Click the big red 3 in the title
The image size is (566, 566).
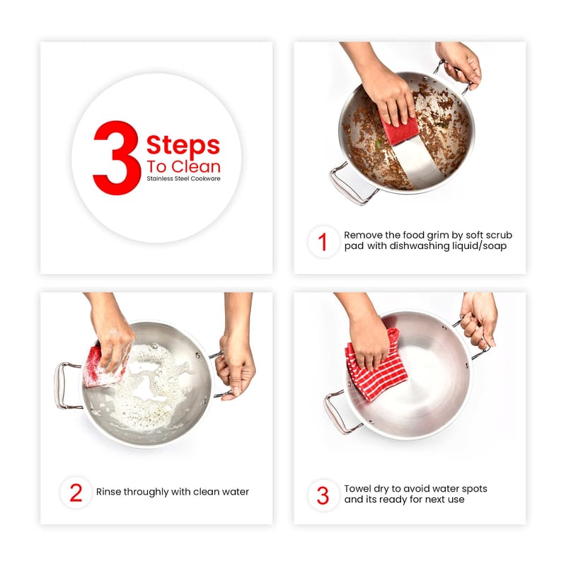pos(116,158)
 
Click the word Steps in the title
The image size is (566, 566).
pos(183,146)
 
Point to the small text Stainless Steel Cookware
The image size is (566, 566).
pos(183,179)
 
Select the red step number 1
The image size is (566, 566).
pos(323,242)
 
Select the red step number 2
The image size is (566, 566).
pos(76,492)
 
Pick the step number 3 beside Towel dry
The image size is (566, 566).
pos(323,495)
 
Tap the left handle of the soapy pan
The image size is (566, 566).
pos(64,386)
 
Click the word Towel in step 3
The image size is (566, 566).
pos(357,489)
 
